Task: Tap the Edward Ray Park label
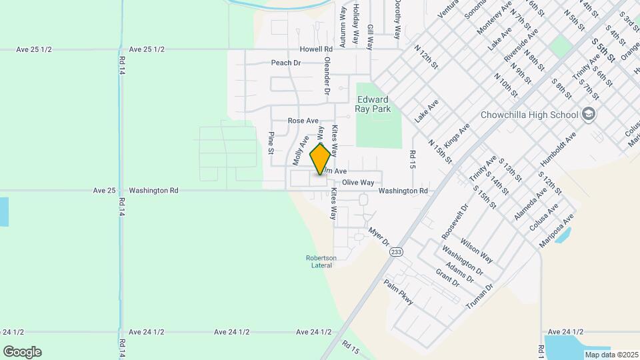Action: pyautogui.click(x=373, y=104)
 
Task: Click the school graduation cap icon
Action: pyautogui.click(x=589, y=114)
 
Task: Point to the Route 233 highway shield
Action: pyautogui.click(x=397, y=251)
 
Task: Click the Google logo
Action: pyautogui.click(x=22, y=352)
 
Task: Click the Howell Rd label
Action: pyautogui.click(x=315, y=49)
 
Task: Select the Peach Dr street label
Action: pyautogui.click(x=286, y=63)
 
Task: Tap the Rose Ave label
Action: pyautogui.click(x=303, y=121)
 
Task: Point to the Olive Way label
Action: pyautogui.click(x=358, y=182)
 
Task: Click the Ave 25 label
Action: pyautogui.click(x=105, y=190)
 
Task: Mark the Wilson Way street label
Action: pyautogui.click(x=476, y=250)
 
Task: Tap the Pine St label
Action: pyautogui.click(x=271, y=143)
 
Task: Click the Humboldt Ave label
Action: pyautogui.click(x=559, y=151)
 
